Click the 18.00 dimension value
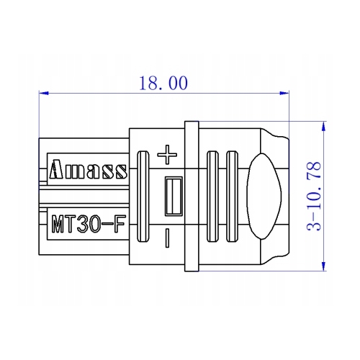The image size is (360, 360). coord(163,83)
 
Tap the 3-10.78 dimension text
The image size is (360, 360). coord(314,197)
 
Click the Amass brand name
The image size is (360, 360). coord(88,169)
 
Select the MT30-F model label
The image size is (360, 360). coord(89,224)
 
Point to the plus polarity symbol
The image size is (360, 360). coord(167,155)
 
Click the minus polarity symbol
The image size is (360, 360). coord(167,238)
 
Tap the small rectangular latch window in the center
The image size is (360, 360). coord(174,196)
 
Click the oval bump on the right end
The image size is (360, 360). coord(264,197)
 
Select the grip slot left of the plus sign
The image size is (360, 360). coord(143,197)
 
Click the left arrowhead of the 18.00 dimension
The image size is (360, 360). coord(44,93)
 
